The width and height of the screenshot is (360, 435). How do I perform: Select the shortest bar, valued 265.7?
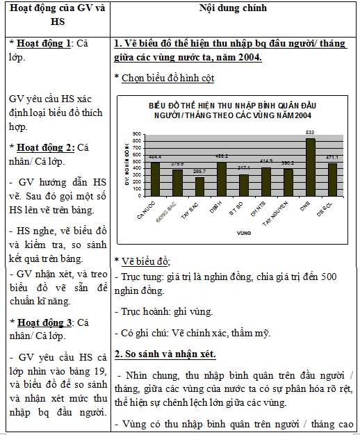click(199, 188)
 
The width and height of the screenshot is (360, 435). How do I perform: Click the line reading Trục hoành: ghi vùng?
click(163, 312)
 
